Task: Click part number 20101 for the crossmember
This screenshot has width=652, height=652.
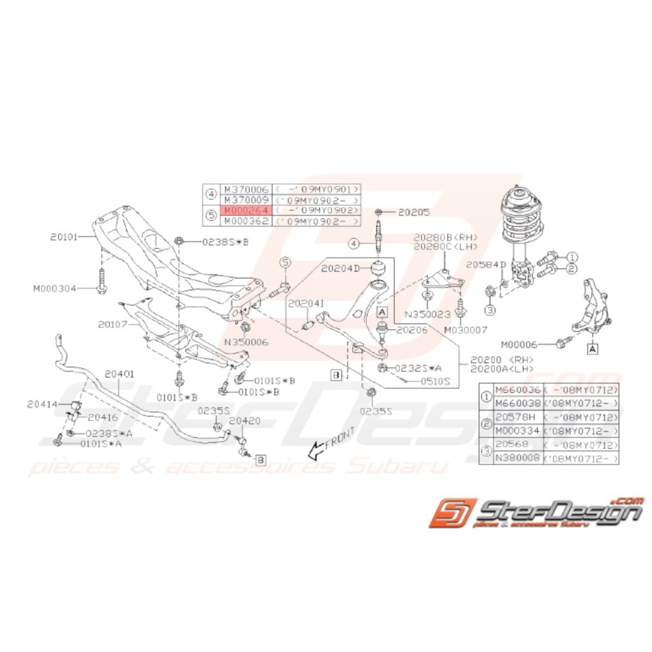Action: click(64, 237)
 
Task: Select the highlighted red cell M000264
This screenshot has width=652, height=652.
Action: click(239, 210)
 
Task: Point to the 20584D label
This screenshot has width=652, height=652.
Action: click(485, 265)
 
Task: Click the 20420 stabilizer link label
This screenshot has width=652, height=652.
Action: click(244, 421)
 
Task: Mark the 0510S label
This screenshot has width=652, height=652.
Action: click(435, 382)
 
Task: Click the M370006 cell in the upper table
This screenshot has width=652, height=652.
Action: click(239, 189)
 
